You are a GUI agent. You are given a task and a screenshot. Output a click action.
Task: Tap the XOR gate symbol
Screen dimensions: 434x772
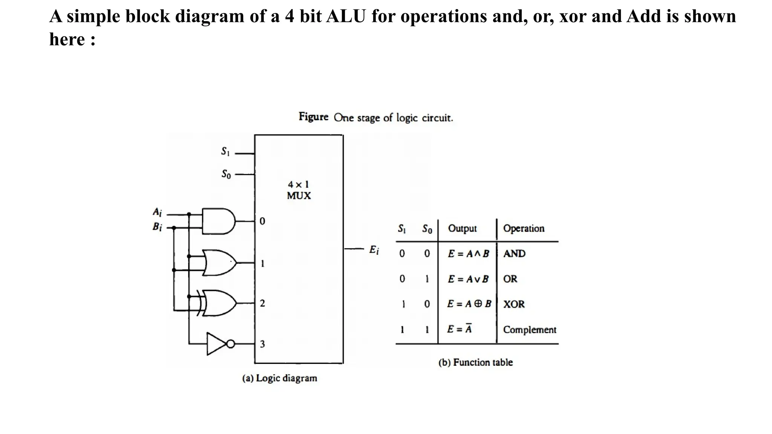(219, 303)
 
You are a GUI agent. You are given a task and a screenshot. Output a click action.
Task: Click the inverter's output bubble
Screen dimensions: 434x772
(230, 344)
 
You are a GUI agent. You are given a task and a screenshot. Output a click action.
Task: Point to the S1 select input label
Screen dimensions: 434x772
(225, 151)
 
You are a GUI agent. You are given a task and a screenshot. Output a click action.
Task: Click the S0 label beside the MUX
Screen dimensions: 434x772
(226, 174)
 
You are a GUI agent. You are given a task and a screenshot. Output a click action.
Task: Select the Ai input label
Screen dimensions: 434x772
(157, 212)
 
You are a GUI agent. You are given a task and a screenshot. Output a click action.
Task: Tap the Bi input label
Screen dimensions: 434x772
(157, 227)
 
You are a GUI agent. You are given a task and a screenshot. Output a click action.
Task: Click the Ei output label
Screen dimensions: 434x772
(374, 250)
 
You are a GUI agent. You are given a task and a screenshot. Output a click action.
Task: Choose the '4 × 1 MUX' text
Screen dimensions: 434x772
(299, 190)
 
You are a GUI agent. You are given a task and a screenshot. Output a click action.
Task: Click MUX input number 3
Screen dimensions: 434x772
(262, 344)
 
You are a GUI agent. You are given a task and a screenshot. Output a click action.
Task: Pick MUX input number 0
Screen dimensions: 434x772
(262, 221)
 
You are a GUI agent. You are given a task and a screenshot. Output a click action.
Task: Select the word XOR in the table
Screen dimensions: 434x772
(514, 304)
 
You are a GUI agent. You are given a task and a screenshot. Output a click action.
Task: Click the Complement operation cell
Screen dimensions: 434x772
(529, 330)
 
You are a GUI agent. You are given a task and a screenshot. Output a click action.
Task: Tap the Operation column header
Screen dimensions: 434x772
(524, 228)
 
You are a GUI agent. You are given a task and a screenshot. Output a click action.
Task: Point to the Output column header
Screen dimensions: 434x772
(462, 228)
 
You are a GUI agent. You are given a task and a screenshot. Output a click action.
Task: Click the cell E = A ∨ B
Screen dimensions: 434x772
(468, 279)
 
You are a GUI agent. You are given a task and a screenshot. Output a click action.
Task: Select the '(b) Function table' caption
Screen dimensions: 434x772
(475, 362)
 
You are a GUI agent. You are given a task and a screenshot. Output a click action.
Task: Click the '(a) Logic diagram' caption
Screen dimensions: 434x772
(279, 378)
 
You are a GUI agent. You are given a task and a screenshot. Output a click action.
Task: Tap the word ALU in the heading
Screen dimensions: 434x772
(346, 16)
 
